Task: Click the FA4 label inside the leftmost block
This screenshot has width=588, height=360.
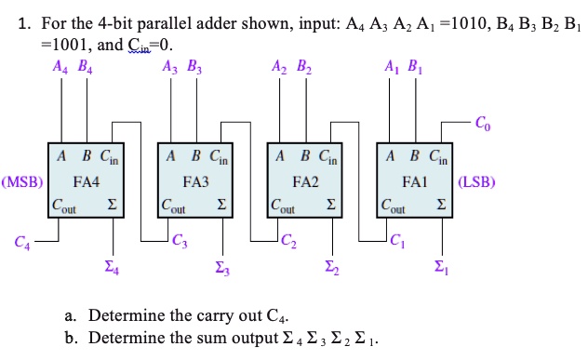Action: (x=87, y=182)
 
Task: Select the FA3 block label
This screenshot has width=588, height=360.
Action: (x=196, y=182)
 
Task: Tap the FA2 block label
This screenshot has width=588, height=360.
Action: (x=304, y=182)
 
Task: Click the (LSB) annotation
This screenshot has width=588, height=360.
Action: (x=475, y=182)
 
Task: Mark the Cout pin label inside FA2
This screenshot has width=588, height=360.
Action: (x=284, y=205)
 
